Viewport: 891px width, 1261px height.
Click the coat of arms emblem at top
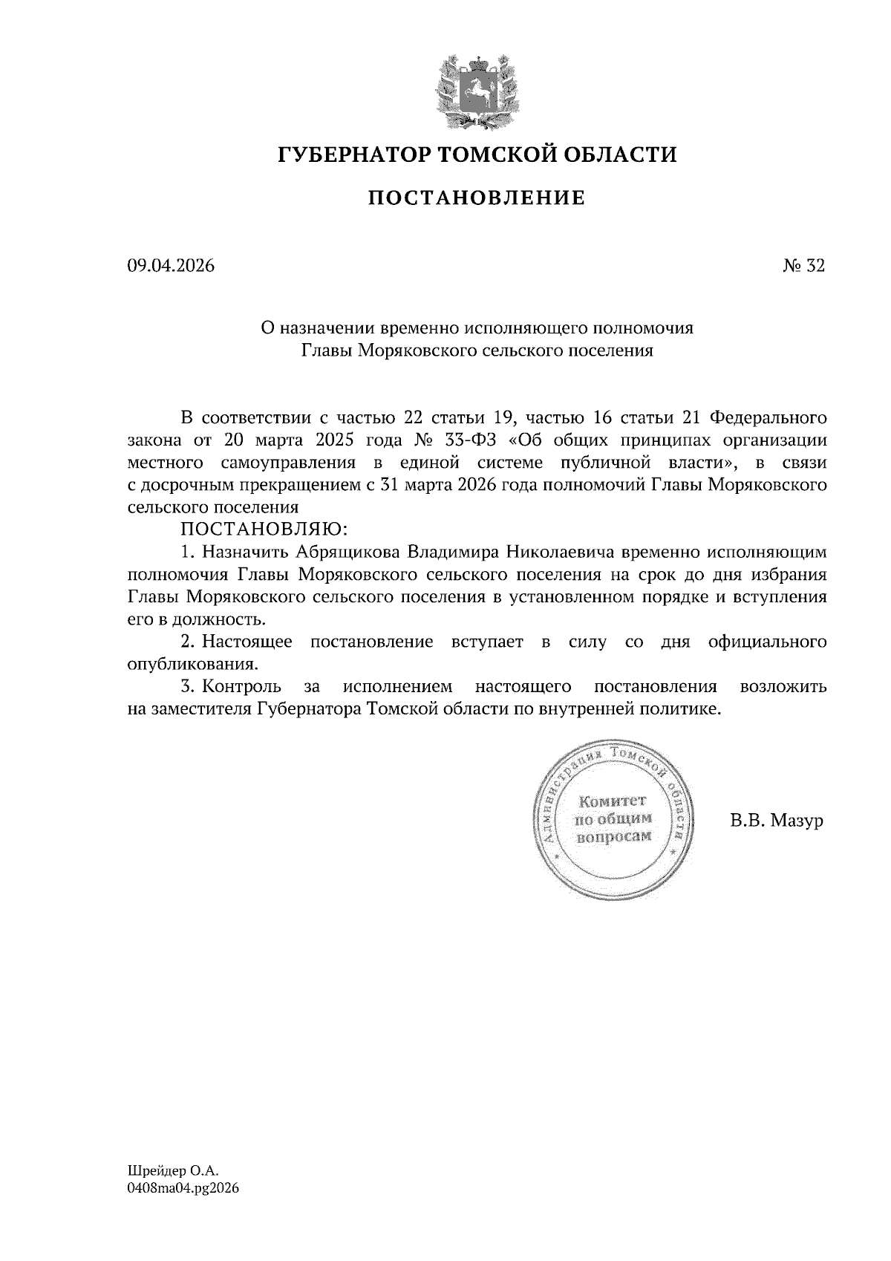tap(477, 88)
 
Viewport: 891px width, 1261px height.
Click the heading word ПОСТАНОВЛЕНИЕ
tap(477, 198)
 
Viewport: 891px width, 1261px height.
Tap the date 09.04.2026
tap(171, 265)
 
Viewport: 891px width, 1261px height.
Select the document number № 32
tap(803, 265)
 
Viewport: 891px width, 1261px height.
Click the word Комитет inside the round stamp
tap(613, 801)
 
